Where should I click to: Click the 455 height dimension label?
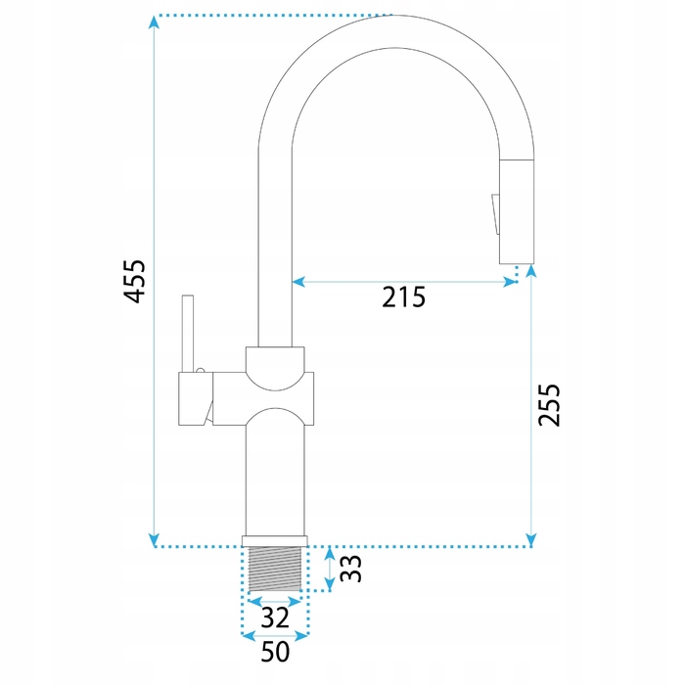(x=134, y=282)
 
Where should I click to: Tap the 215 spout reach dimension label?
(x=403, y=297)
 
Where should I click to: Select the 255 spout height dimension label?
(x=549, y=405)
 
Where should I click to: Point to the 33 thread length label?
(x=350, y=569)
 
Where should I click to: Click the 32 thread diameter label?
(x=275, y=617)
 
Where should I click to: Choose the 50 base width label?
(x=275, y=652)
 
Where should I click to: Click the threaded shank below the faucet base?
(x=275, y=569)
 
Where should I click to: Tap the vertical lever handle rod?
(x=188, y=334)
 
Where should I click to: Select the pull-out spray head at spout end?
(x=517, y=211)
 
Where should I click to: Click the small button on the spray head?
(x=495, y=214)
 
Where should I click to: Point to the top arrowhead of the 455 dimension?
(x=154, y=22)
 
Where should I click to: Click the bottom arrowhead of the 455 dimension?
(x=154, y=540)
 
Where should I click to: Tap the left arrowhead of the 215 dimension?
(x=298, y=282)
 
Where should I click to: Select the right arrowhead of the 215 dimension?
(x=510, y=282)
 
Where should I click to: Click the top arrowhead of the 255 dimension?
(x=531, y=271)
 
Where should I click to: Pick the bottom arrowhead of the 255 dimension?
(x=531, y=540)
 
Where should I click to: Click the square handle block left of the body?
(x=196, y=399)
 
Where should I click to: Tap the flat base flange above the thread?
(x=275, y=541)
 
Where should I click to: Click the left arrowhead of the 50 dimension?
(x=249, y=636)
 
